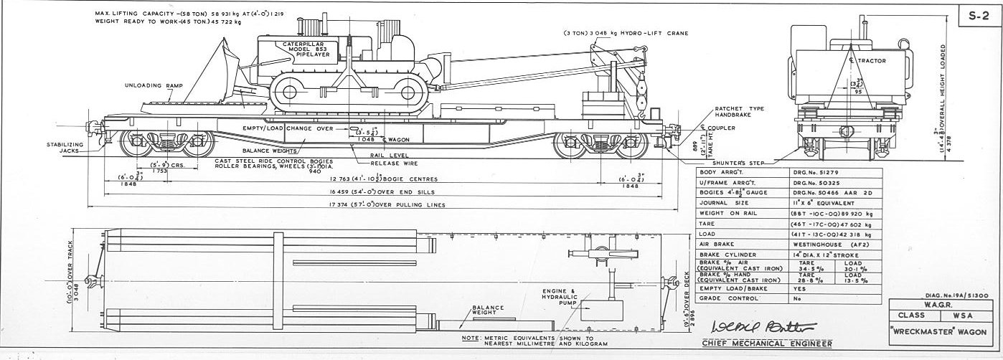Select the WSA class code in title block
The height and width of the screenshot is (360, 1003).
pos(964,315)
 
